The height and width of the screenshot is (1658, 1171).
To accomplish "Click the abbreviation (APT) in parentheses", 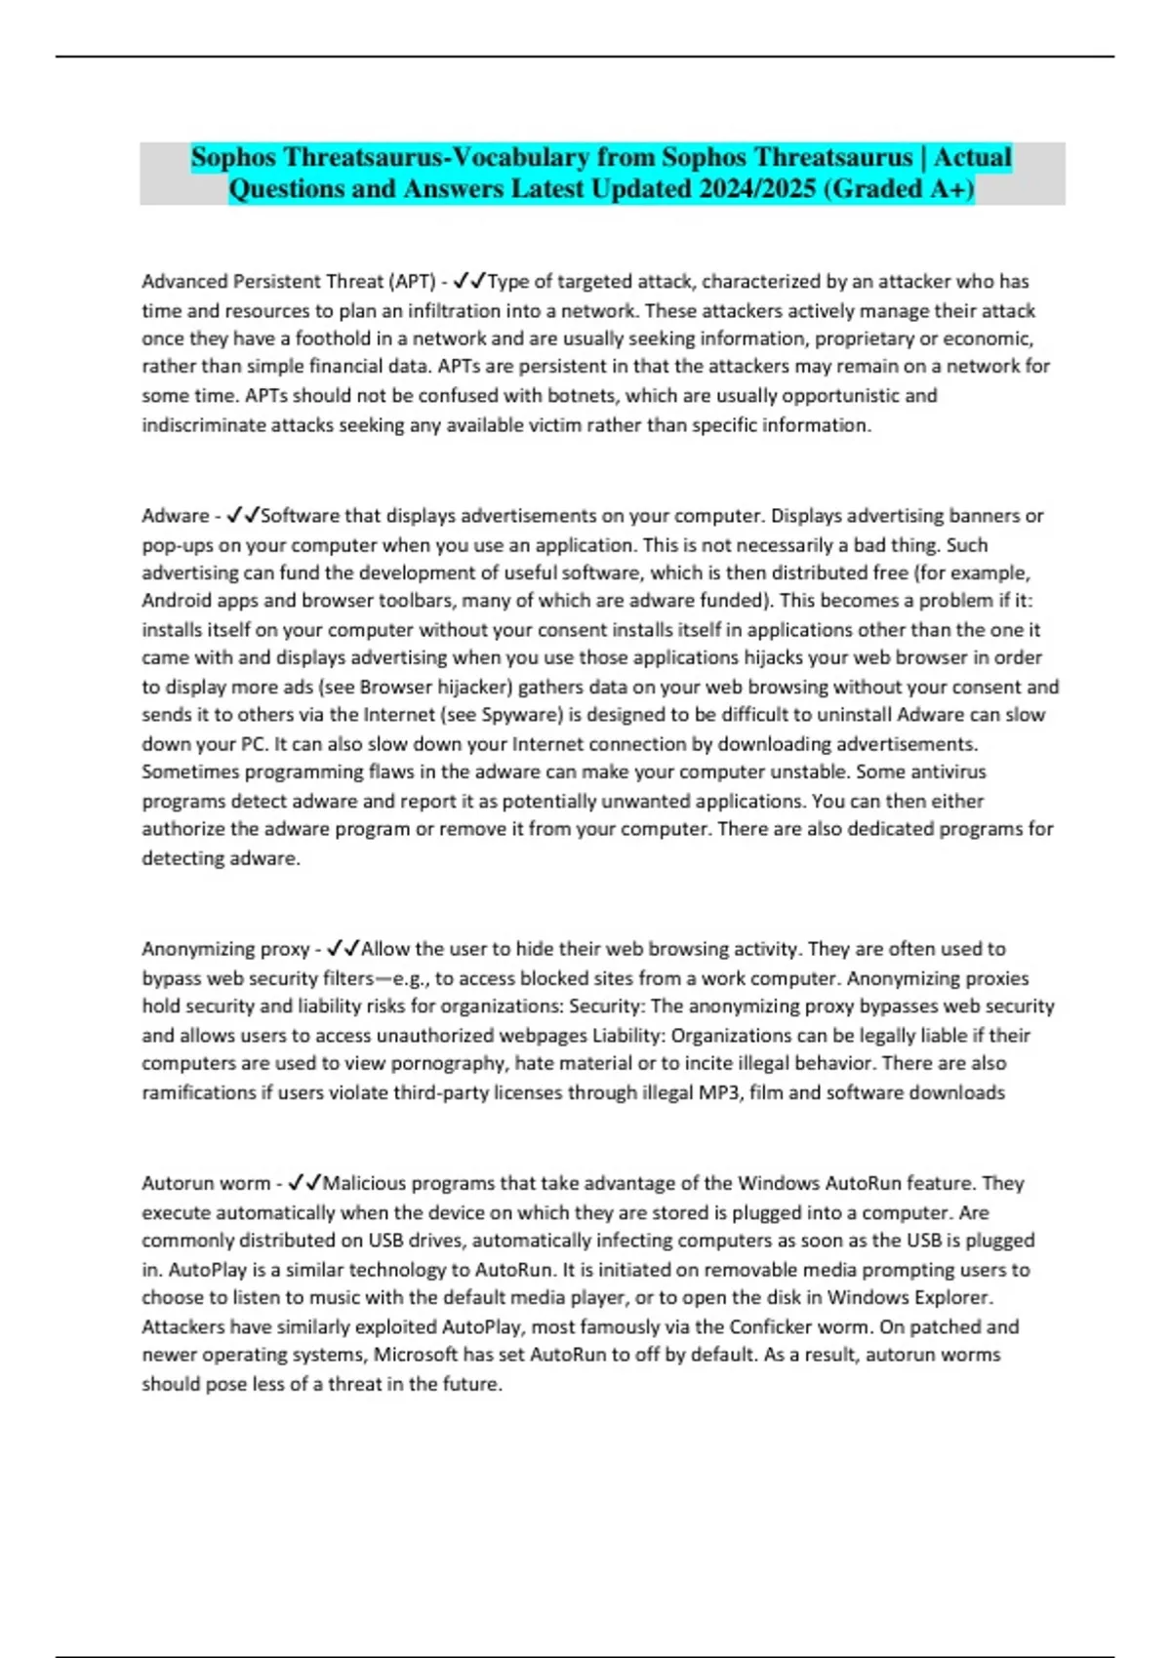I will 412,282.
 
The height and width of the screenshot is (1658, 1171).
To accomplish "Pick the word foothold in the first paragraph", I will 332,338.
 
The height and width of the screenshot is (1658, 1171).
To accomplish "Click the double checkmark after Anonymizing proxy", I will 343,949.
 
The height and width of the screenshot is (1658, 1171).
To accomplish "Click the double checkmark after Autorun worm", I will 304,1183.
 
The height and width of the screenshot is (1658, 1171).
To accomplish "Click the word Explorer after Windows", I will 950,1298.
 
